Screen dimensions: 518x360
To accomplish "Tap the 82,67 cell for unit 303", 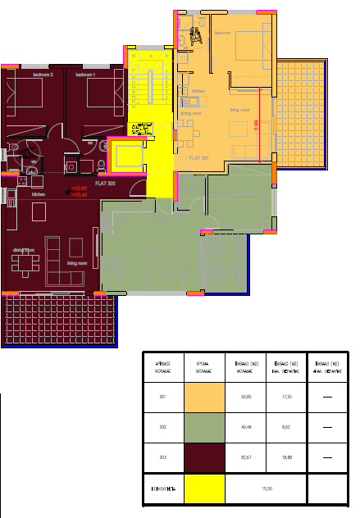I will [x=244, y=457].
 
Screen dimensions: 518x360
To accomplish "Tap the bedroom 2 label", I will [x=43, y=75].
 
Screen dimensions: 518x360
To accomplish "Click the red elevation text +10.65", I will [x=80, y=189].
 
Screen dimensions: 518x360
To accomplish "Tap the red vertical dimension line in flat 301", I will [x=262, y=123].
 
